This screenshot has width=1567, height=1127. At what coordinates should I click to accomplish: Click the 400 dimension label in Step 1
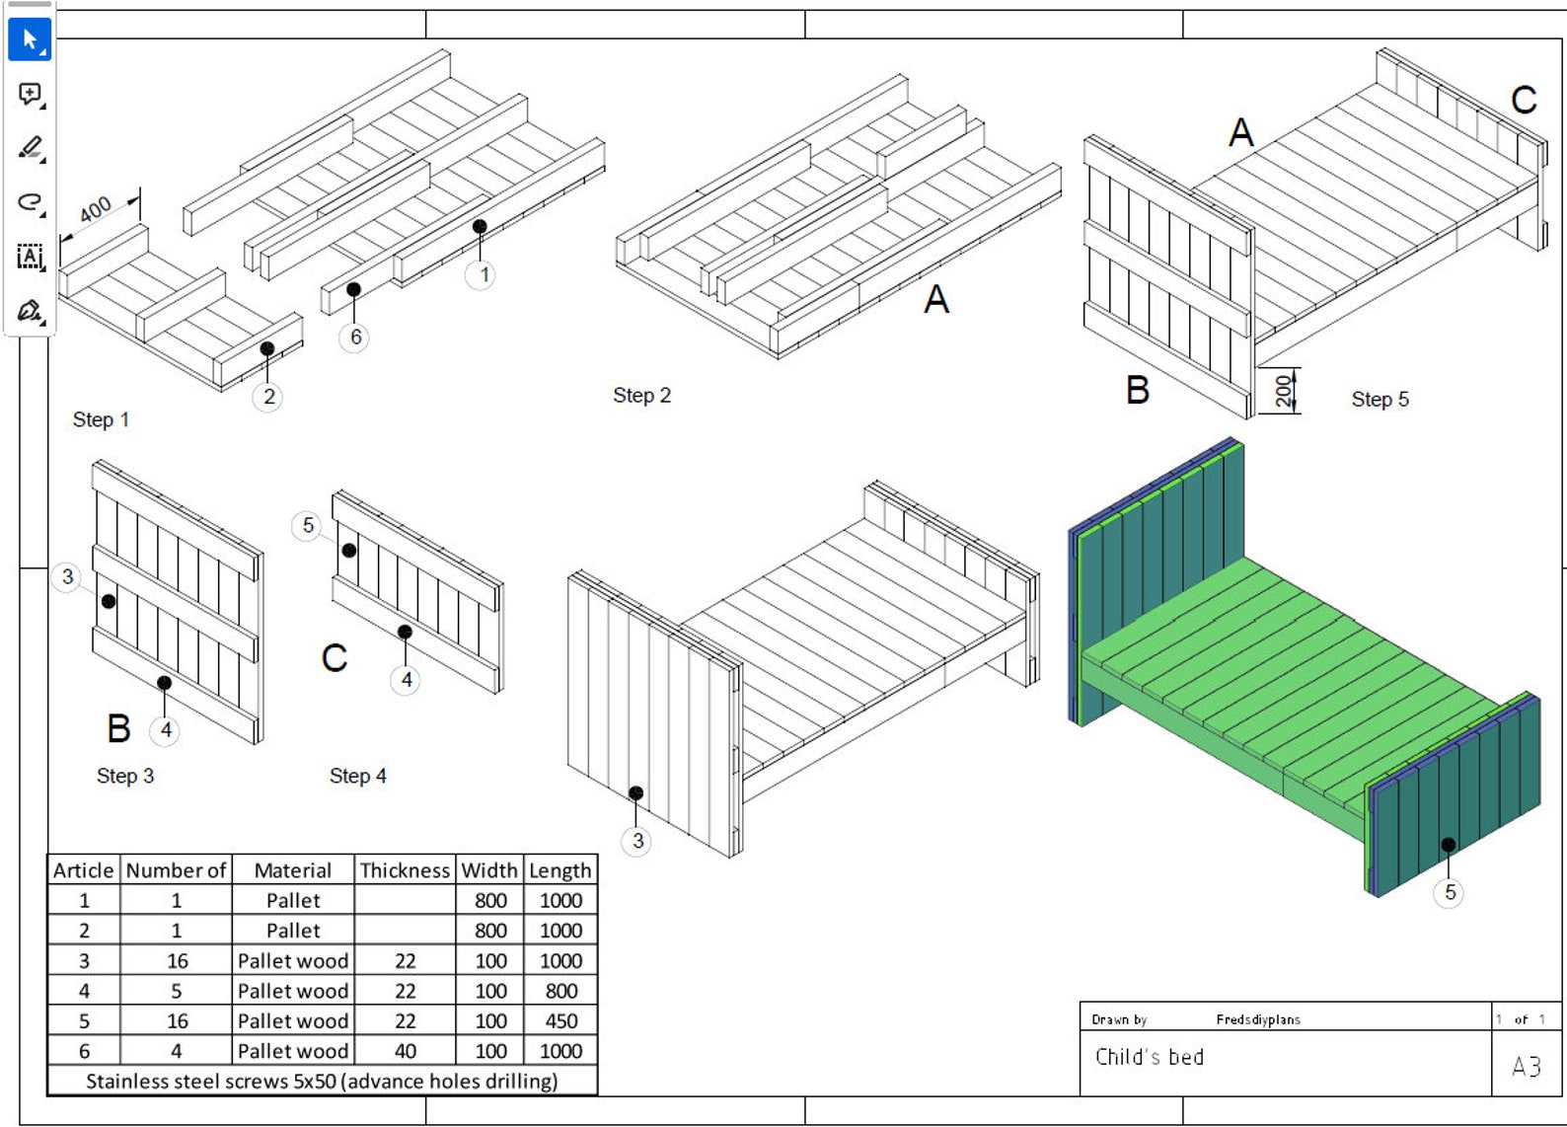[x=96, y=210]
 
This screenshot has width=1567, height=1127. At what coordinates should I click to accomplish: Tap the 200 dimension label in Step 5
[x=1283, y=391]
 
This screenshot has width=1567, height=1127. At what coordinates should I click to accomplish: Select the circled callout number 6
[x=355, y=338]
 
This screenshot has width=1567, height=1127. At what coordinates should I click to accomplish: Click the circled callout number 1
[x=483, y=275]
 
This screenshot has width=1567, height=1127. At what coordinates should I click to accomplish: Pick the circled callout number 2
[x=268, y=398]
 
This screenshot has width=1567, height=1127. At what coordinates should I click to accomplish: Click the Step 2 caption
[x=641, y=396]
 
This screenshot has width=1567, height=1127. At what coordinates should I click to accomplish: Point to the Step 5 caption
[x=1380, y=400]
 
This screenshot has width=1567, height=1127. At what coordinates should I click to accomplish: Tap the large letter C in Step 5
[x=1524, y=101]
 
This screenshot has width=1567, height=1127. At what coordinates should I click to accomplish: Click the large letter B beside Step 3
[x=118, y=729]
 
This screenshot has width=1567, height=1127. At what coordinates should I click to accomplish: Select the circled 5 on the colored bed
[x=1449, y=893]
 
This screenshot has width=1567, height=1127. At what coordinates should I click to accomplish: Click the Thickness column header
[x=405, y=870]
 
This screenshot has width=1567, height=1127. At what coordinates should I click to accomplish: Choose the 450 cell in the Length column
[x=560, y=1021]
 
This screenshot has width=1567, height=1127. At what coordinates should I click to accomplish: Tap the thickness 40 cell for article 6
[x=405, y=1051]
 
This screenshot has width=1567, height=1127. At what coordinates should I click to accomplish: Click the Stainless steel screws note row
[x=322, y=1082]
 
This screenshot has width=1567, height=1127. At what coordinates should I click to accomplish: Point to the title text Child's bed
[x=1150, y=1058]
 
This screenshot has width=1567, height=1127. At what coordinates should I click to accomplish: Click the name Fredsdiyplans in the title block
[x=1257, y=1019]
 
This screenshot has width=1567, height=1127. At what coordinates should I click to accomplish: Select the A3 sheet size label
[x=1526, y=1066]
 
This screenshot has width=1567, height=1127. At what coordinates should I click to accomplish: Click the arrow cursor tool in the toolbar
[x=30, y=40]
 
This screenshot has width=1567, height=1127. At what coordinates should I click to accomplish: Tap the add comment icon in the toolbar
[x=30, y=95]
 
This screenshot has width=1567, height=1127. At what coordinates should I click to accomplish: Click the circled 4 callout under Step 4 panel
[x=406, y=680]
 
